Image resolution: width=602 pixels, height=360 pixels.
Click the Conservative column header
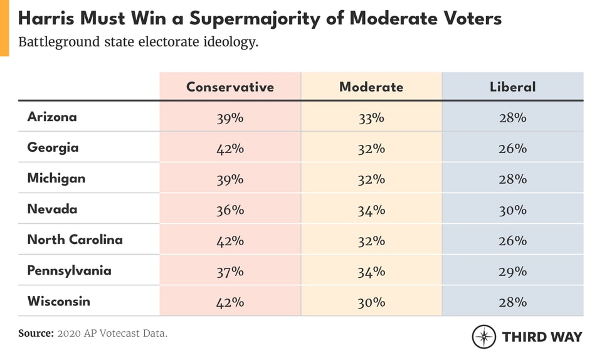(x=230, y=87)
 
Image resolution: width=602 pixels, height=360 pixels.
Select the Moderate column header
(x=371, y=87)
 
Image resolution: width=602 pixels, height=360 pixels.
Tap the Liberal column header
(x=512, y=87)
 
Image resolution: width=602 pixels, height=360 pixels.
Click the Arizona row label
(x=52, y=117)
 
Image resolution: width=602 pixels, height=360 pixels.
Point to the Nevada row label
(x=52, y=209)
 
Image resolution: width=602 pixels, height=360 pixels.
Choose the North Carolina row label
(x=75, y=240)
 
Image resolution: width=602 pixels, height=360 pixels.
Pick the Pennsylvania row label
(x=69, y=271)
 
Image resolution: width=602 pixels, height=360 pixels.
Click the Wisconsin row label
(x=58, y=301)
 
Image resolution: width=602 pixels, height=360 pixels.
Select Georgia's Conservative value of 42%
(x=230, y=149)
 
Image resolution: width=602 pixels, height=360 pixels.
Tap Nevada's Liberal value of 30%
(x=512, y=210)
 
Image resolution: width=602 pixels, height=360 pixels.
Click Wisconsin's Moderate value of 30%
(x=371, y=302)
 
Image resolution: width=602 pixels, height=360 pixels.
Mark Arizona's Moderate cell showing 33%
(x=371, y=118)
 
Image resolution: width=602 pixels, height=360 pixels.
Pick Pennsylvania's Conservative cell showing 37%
(x=230, y=272)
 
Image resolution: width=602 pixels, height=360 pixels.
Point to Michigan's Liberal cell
(x=512, y=179)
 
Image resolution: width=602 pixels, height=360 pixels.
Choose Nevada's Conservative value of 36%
(x=230, y=210)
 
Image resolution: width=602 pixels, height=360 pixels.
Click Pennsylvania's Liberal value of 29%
(x=512, y=272)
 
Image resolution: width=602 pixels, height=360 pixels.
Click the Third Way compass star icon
(x=484, y=337)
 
